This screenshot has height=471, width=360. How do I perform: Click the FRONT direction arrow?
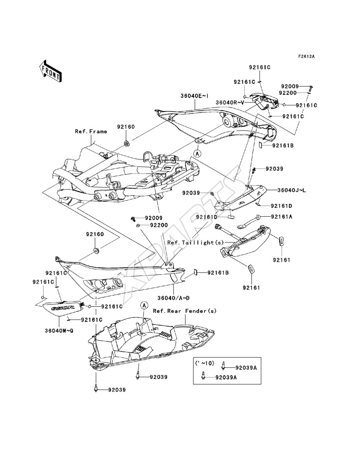coord(51,71)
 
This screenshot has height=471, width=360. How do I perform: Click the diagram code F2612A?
coord(306,56)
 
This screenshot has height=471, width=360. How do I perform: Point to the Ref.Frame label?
coord(91,131)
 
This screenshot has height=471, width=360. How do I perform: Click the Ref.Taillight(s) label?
coord(195,243)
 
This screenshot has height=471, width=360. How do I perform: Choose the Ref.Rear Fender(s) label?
coord(185,311)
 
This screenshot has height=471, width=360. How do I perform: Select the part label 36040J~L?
coord(292,190)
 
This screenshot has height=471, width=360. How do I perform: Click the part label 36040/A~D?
coord(174,298)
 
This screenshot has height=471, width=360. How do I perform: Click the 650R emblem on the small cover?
coord(63,308)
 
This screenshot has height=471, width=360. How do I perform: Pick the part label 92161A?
coord(282,217)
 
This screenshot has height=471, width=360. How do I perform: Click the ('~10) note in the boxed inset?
coord(204,363)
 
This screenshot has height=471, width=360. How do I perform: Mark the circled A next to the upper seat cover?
coord(197,153)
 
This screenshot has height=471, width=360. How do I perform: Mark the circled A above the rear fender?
coord(144,305)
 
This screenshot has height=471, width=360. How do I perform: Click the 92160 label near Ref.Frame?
coord(126,127)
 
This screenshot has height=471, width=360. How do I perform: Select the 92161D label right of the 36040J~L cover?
coord(282,206)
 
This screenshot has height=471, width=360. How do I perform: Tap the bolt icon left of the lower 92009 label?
coord(133,219)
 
